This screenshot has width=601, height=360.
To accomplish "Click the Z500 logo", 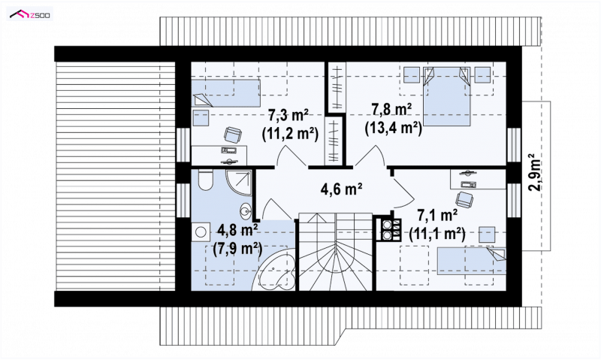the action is point(31,14).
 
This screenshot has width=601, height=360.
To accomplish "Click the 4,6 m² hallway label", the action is point(342,188).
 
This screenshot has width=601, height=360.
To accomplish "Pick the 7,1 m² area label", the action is point(437,216).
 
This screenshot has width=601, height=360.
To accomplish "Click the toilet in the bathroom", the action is point(206,180).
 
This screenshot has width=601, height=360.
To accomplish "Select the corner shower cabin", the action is point(238,182).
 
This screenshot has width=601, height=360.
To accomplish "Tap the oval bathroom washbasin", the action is point(246,210).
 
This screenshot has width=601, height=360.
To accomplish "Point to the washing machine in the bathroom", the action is point(200,232).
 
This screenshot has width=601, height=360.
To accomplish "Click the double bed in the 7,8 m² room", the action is point(447,96).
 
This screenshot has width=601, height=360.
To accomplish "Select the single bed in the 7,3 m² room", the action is point(226,93).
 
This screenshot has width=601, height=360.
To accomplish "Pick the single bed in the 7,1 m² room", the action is point(472,261).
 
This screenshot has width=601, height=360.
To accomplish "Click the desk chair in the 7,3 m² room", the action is point(233,135).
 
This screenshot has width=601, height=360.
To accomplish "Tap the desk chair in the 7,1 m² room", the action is point(464,199).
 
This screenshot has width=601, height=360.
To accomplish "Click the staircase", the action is point(335,252).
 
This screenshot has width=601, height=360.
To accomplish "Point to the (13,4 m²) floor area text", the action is point(393,129).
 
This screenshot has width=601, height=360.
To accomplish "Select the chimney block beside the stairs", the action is point(388,229).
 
